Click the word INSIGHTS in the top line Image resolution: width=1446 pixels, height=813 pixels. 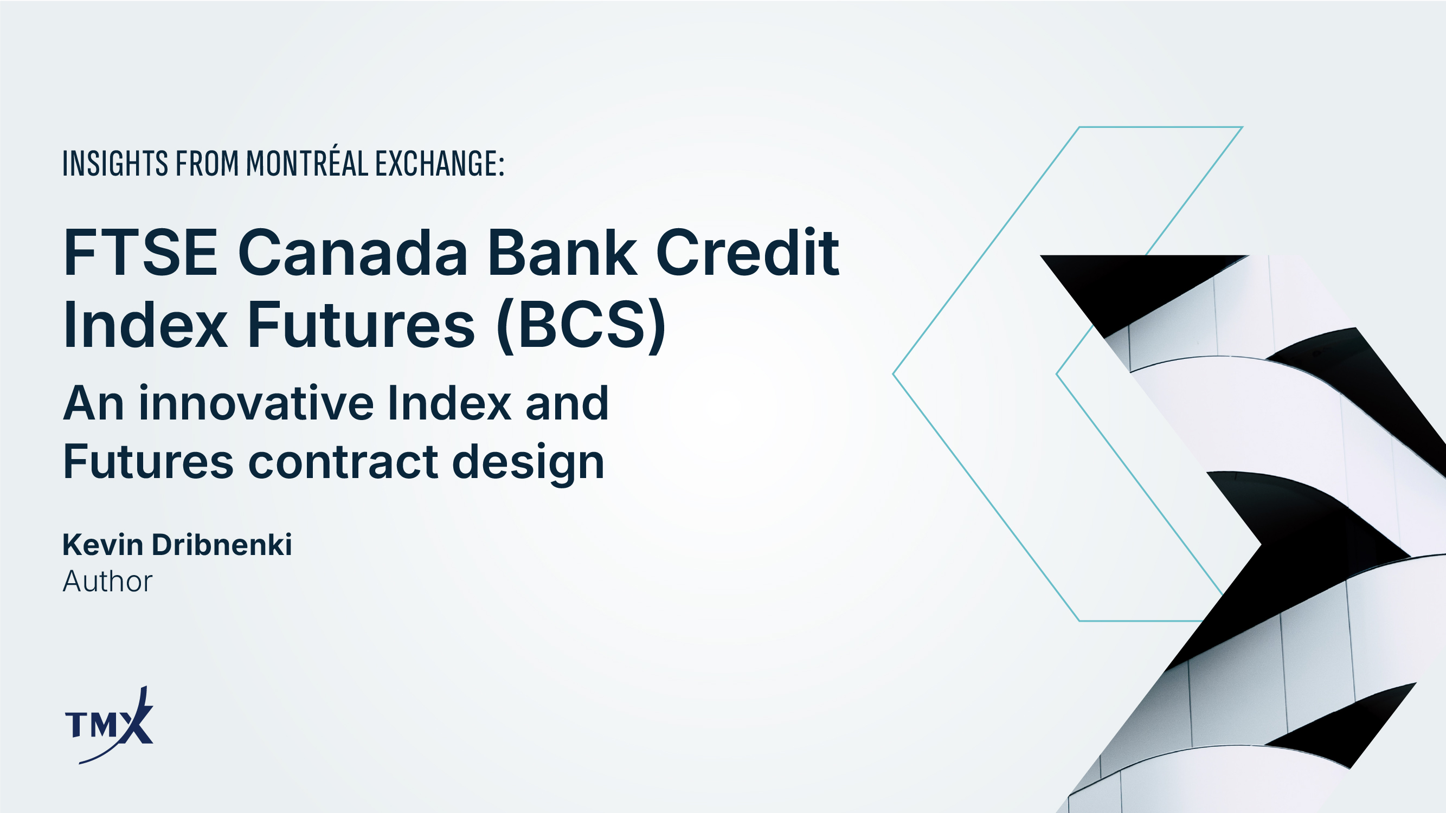[115, 163]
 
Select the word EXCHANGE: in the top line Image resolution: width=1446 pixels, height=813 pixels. [440, 163]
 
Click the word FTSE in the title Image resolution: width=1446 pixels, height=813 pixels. [140, 253]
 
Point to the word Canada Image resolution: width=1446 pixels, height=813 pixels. [353, 253]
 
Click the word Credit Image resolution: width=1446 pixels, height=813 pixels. [747, 252]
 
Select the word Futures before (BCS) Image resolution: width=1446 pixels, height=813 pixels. [362, 325]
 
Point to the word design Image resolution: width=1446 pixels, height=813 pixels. [528, 462]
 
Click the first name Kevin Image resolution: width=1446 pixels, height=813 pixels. [102, 545]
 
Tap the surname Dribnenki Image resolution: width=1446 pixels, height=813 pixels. [222, 545]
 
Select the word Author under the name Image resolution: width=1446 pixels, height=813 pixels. [107, 581]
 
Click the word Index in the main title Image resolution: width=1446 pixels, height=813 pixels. [145, 325]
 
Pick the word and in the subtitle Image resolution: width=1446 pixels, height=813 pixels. [567, 403]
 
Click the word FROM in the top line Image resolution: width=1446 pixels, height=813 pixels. [207, 163]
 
